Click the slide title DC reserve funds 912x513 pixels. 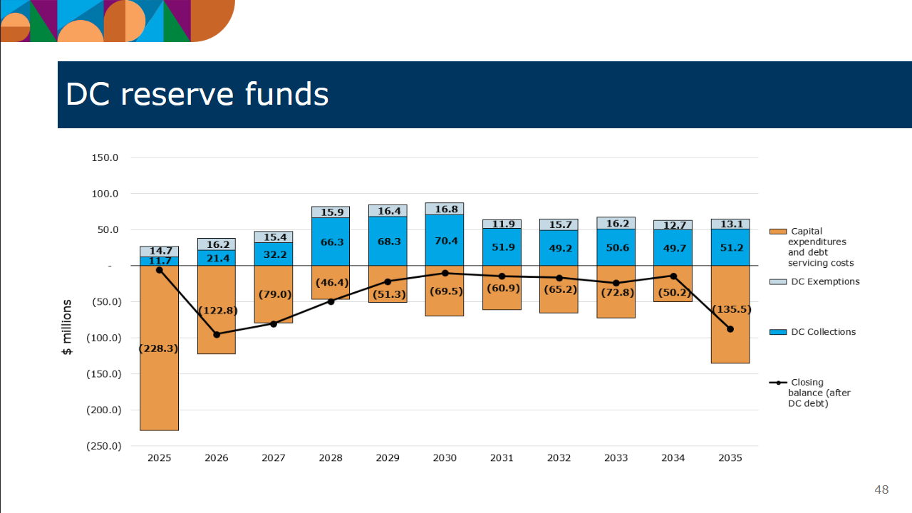tap(197, 95)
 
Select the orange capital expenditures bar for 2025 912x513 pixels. tap(160, 385)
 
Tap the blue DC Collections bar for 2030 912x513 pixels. tap(445, 240)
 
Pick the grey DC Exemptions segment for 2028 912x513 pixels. tap(331, 212)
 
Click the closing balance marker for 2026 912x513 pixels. tap(217, 334)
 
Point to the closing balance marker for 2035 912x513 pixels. tap(730, 329)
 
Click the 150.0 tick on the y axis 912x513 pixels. tap(105, 157)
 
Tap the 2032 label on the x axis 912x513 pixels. tap(559, 458)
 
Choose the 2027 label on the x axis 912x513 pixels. tap(274, 458)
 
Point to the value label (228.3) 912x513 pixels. tap(159, 348)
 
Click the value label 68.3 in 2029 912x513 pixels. tap(388, 242)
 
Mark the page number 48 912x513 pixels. tap(881, 489)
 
